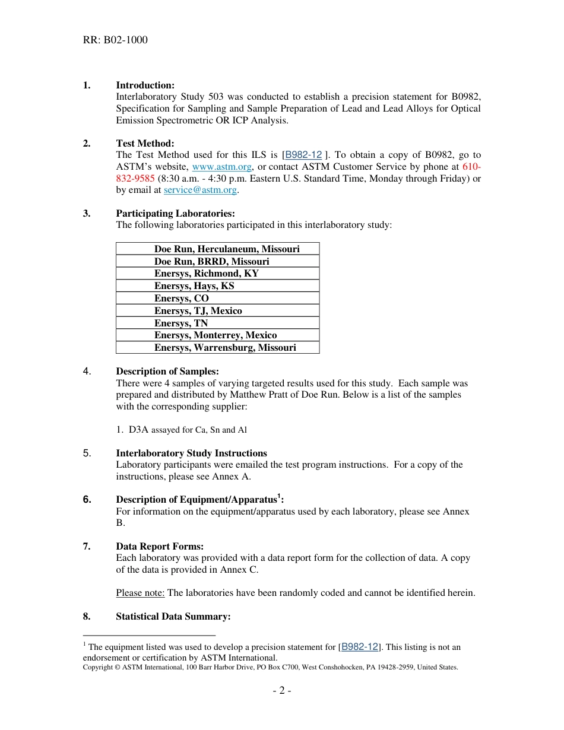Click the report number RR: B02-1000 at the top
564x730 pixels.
[115, 40]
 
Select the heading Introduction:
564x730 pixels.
[145, 85]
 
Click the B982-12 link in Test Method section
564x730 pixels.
[303, 155]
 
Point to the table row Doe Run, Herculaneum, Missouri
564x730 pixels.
[227, 249]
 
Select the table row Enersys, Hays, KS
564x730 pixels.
[194, 286]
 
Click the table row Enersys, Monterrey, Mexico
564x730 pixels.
[216, 335]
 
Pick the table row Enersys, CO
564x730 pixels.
[182, 299]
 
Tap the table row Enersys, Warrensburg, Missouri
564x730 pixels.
[225, 348]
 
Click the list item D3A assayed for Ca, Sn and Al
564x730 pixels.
[187, 430]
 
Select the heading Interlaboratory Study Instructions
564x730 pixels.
[191, 453]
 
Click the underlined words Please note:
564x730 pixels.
[140, 593]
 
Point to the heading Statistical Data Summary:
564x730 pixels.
[173, 617]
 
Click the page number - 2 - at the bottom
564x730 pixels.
[282, 690]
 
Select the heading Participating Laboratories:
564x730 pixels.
[175, 214]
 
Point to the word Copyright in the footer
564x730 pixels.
[97, 667]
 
